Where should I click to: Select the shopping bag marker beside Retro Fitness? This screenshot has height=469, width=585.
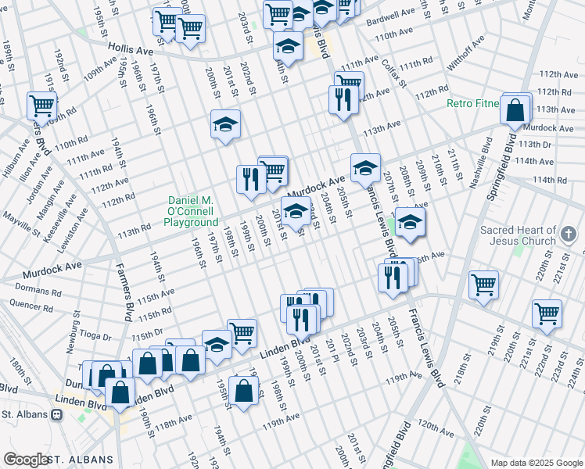click(x=516, y=112)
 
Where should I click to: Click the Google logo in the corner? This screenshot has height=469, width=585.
click(x=26, y=460)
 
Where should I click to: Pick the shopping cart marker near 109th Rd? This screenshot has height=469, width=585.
click(x=41, y=106)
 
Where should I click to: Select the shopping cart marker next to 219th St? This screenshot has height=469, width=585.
click(x=484, y=285)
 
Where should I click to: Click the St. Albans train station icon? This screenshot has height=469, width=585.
click(x=56, y=414)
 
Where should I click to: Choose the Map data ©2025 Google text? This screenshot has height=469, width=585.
click(x=535, y=463)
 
